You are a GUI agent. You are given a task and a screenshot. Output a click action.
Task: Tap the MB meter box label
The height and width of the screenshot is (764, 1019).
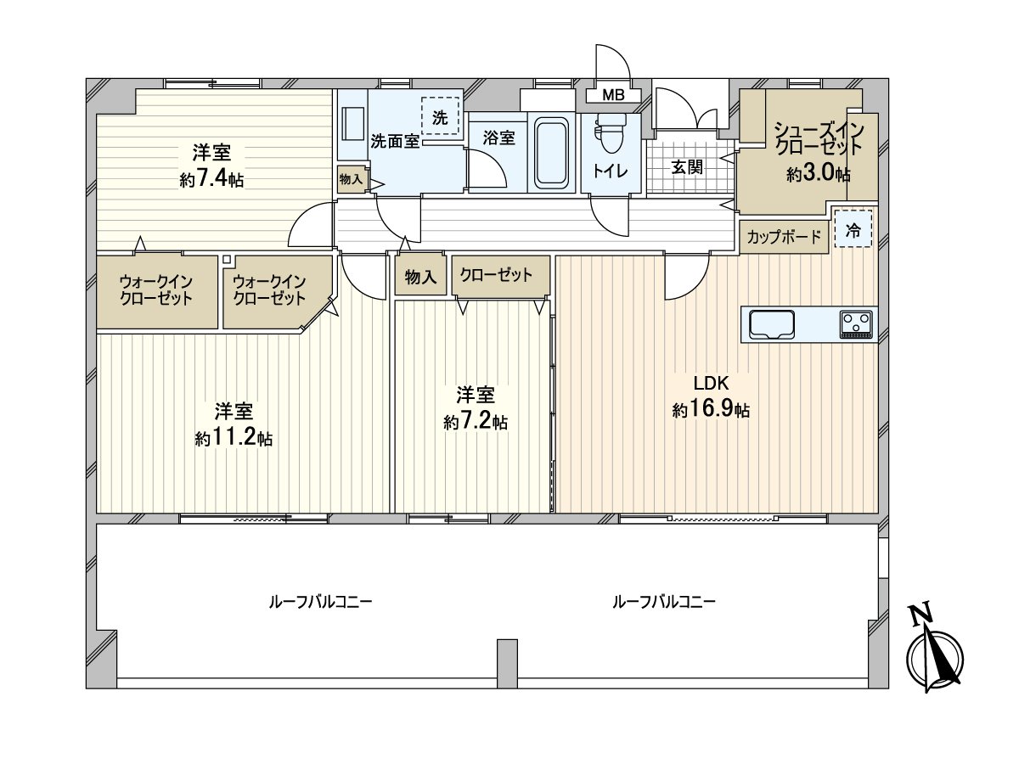(612, 95)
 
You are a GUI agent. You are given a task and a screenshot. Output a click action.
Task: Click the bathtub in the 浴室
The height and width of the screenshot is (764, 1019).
(551, 153)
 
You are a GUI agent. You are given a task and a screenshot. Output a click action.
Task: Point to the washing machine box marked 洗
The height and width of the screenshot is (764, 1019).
(439, 117)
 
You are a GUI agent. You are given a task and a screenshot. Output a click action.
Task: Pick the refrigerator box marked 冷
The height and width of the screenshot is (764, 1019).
(853, 228)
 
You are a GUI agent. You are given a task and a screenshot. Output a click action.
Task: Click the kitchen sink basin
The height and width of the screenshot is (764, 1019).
(771, 324)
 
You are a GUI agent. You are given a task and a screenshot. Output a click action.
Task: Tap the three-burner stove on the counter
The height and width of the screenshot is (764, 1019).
(857, 323)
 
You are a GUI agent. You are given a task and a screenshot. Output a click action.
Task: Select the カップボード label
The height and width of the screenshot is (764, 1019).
(784, 238)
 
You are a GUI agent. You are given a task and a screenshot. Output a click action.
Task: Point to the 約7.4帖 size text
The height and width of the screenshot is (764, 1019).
(211, 180)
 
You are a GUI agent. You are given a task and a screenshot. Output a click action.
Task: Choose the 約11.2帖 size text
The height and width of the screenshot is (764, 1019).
(233, 439)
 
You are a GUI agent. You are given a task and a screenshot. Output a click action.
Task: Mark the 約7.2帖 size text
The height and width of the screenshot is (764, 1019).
(476, 422)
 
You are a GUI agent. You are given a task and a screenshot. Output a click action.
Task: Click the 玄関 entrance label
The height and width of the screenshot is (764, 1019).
(687, 167)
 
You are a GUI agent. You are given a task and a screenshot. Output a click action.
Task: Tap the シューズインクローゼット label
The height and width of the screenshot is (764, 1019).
(818, 138)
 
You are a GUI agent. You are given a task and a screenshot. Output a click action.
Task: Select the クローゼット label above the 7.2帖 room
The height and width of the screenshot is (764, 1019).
(496, 275)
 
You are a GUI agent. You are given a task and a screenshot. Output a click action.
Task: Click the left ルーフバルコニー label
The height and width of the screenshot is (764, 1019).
(320, 602)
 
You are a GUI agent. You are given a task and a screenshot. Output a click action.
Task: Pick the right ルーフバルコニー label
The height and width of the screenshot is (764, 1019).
(664, 602)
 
